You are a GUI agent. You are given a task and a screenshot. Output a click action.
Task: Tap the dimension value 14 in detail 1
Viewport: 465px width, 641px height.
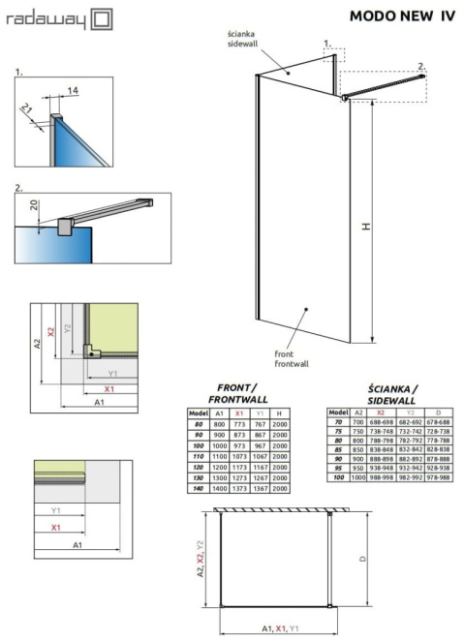point(74,91)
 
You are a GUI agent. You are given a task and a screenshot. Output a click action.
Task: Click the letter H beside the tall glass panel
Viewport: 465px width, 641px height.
point(366,227)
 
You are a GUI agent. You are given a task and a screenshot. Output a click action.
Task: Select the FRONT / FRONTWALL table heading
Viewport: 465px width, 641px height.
point(233,393)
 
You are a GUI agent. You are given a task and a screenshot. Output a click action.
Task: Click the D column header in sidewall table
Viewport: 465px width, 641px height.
point(437,412)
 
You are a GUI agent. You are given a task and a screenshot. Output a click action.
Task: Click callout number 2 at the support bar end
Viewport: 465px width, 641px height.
point(421,66)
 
